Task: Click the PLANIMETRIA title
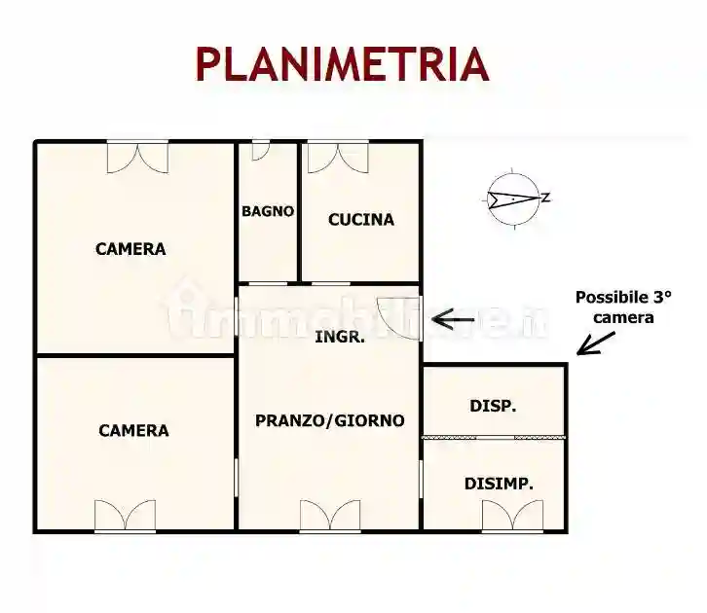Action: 341,64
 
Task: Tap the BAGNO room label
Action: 268,210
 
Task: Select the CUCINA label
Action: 360,220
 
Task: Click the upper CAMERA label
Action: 130,249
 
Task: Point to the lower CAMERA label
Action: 133,430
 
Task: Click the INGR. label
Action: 341,338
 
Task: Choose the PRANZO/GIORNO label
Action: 329,420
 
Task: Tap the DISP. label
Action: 493,406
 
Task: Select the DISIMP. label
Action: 499,483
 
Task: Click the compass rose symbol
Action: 515,198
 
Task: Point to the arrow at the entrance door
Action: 453,318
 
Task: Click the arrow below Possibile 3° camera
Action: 595,343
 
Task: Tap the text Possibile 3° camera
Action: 623,306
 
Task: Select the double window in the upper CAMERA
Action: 137,157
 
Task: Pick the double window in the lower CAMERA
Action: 125,516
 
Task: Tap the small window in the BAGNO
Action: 260,151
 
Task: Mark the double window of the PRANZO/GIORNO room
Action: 329,516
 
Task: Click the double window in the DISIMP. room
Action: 512,516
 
